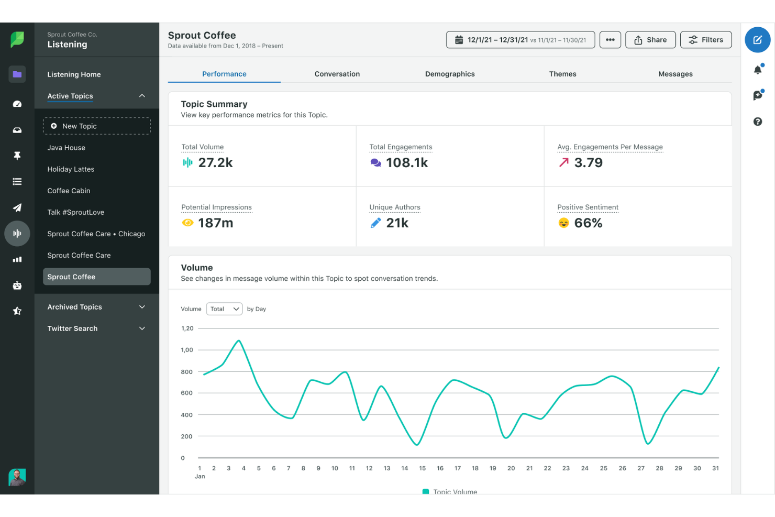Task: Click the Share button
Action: click(650, 40)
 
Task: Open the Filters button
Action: click(705, 40)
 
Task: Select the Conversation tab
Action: click(337, 74)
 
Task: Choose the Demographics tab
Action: click(449, 74)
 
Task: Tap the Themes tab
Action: click(562, 74)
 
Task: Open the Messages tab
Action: click(675, 74)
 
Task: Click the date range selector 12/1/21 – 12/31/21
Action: click(520, 40)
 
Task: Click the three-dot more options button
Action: click(610, 40)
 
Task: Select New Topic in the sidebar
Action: click(97, 126)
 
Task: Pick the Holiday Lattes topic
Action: click(71, 169)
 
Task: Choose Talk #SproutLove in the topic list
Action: click(75, 212)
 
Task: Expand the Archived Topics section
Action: click(96, 307)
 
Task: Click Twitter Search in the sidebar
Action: click(96, 328)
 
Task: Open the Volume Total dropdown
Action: click(224, 309)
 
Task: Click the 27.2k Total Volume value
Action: click(215, 163)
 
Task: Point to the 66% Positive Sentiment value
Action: click(588, 223)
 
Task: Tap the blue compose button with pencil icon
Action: click(757, 40)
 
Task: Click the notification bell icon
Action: click(757, 70)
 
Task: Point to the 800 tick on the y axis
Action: click(186, 372)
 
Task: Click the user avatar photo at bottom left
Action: click(17, 477)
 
